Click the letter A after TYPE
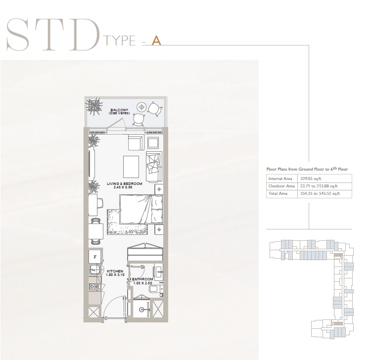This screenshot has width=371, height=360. [x=156, y=41]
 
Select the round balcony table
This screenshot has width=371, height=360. [x=141, y=107]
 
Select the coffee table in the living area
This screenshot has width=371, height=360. [x=131, y=167]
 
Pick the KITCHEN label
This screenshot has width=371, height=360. [x=115, y=271]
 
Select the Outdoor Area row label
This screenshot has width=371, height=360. [x=281, y=186]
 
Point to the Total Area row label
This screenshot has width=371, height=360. [x=278, y=193]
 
